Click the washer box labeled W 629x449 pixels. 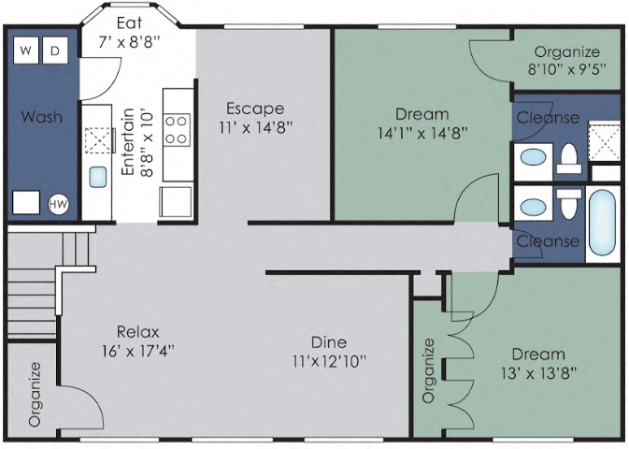[x=25, y=50]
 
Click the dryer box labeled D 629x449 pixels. [x=55, y=50]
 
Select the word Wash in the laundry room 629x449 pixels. [x=41, y=117]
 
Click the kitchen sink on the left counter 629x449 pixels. [x=97, y=177]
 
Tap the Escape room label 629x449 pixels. [x=253, y=109]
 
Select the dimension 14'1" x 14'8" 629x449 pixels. [x=422, y=133]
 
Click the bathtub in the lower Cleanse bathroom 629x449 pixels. [x=602, y=222]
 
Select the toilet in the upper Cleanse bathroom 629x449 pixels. [x=568, y=159]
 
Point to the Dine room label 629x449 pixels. [x=328, y=341]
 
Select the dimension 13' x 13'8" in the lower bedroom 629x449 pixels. [x=537, y=371]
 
